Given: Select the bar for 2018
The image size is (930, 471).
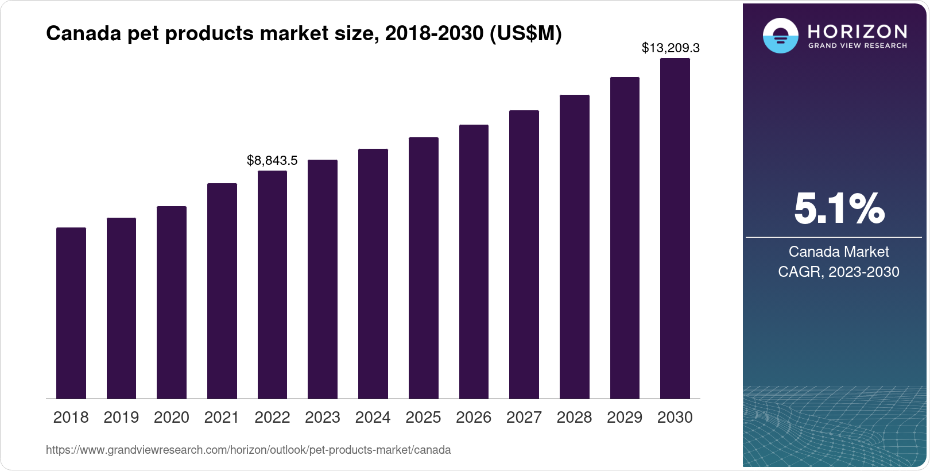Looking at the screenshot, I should pos(71,313).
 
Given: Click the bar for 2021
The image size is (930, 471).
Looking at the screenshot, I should pos(222,291).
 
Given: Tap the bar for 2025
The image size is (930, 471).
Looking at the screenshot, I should pos(424,268).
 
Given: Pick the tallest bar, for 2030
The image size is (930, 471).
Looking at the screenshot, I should pos(675,228).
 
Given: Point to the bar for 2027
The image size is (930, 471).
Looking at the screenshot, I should pos(524,254).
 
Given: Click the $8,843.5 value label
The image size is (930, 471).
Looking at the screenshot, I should pos(272,160).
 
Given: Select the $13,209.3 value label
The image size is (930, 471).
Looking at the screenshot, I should pos(671,48).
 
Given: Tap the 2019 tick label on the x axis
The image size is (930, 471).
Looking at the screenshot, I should pos(121,418).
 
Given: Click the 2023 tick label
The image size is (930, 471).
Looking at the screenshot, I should pos(323,418).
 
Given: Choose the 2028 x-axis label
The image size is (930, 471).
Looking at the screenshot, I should pos(574,418).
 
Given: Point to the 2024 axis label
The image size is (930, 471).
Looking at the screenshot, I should pos(373,418).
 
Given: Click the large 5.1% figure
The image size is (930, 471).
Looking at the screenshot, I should pos(839,209).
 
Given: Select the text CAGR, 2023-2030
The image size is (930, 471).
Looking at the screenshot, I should pos(839,272).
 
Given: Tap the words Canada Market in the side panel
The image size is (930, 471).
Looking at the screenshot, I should pos(839,252).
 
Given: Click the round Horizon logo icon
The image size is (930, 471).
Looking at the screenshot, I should pos(780,36).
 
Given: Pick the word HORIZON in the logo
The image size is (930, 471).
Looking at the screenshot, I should pos(858,31).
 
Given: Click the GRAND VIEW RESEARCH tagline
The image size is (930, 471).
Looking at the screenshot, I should pos(858,45).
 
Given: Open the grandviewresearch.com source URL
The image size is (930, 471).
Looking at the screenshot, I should pos(248,450).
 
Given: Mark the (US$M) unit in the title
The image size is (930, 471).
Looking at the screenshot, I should pos(525,33).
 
